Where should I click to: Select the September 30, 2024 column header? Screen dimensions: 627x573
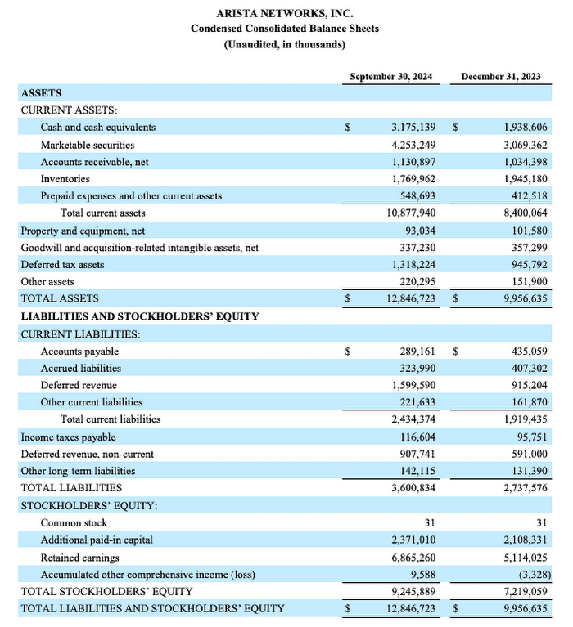pos(390,76)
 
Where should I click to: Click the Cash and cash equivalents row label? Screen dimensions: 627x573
pos(97,127)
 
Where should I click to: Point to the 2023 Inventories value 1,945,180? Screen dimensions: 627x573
pos(526,178)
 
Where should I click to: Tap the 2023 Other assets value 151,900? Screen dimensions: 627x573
pos(530,281)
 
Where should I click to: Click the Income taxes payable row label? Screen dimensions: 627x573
pos(68,437)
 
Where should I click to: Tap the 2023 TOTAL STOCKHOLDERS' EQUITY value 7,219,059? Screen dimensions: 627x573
pos(526,591)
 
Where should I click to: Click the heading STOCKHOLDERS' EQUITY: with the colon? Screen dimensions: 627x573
pos(89,505)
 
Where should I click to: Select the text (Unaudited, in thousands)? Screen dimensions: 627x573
pos(284,44)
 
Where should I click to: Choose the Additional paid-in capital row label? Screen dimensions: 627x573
pos(97,540)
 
